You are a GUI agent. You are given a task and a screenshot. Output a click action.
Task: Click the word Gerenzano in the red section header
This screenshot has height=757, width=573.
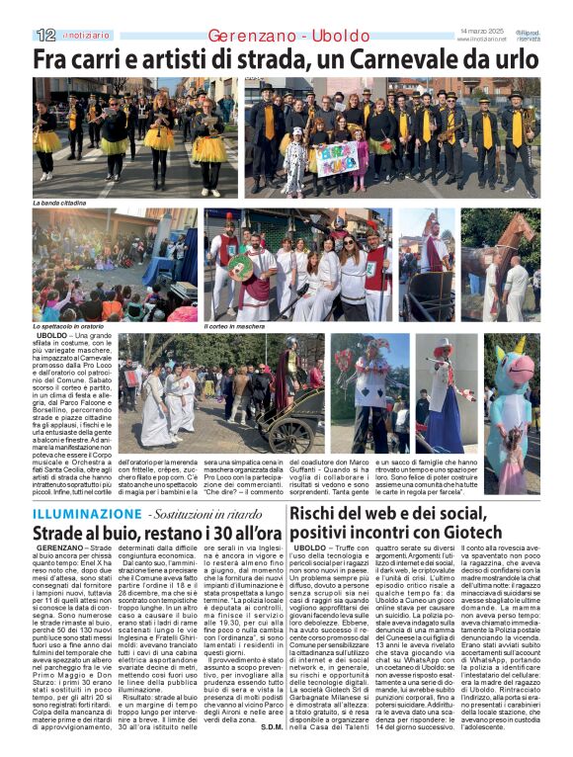coord(253,37)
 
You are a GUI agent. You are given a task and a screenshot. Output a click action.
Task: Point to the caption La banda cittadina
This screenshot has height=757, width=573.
coord(60,203)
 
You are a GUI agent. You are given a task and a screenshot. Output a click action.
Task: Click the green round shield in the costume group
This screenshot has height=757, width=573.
coord(240,267)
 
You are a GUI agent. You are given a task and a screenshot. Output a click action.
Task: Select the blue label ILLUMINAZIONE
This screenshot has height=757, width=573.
coord(84,514)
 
